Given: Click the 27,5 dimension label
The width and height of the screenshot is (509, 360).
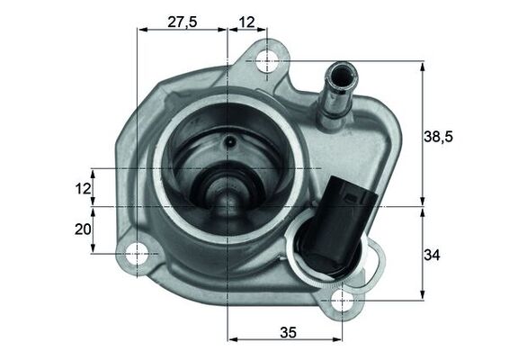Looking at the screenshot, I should tap(182, 22).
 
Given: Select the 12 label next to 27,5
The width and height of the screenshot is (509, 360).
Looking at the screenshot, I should tap(247, 22).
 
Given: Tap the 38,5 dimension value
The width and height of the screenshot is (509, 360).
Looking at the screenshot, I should tap(438, 137).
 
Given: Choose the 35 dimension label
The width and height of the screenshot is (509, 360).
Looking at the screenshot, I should tap(288, 332).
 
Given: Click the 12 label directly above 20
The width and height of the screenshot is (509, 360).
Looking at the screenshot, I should tap(83, 188).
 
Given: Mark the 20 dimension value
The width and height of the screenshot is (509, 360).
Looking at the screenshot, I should tap(83, 229).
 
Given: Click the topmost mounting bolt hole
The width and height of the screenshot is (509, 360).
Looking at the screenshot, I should tap(267, 61).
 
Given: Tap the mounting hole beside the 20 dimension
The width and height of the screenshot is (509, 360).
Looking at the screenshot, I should tap(138, 254).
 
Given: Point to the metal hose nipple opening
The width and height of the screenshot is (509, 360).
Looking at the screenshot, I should tap(340, 69).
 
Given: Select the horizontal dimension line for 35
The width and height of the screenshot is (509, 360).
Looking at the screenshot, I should tap(288, 341).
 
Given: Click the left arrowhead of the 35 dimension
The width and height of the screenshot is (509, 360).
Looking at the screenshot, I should tap(234, 341).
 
